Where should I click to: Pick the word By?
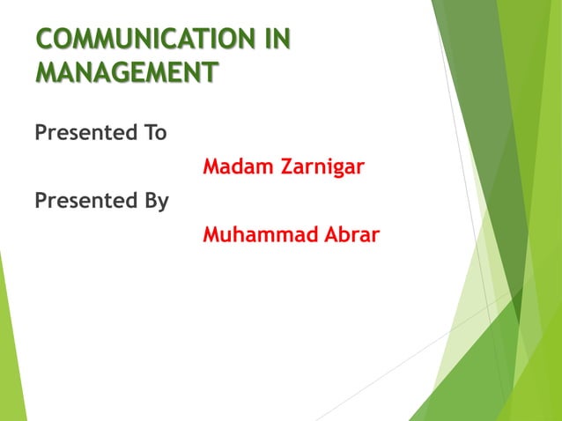pyautogui.click(x=153, y=202)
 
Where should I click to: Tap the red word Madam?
pyautogui.click(x=235, y=166)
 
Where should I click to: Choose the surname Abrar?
pyautogui.click(x=350, y=235)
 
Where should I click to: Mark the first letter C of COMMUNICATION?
pyautogui.click(x=44, y=40)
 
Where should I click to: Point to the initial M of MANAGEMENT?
pyautogui.click(x=46, y=70)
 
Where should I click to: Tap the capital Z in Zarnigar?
pyautogui.click(x=280, y=166)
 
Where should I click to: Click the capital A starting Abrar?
pyautogui.click(x=328, y=235)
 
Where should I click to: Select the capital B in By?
pyautogui.click(x=146, y=201)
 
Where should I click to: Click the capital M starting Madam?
pyautogui.click(x=211, y=166)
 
